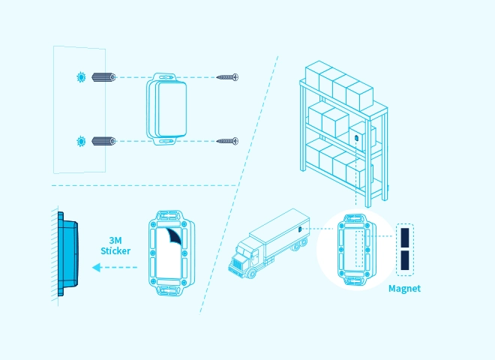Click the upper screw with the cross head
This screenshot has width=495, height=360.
coord(227,77)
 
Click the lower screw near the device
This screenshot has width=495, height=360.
coord(227,140)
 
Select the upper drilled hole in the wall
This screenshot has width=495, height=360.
coord(80,77)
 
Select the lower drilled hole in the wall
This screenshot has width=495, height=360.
coord(80,140)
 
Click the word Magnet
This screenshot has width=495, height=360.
coord(404,289)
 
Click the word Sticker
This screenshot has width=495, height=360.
coord(115,250)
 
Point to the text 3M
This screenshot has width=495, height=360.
coord(115,240)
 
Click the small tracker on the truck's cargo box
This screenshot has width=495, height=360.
coord(299,227)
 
